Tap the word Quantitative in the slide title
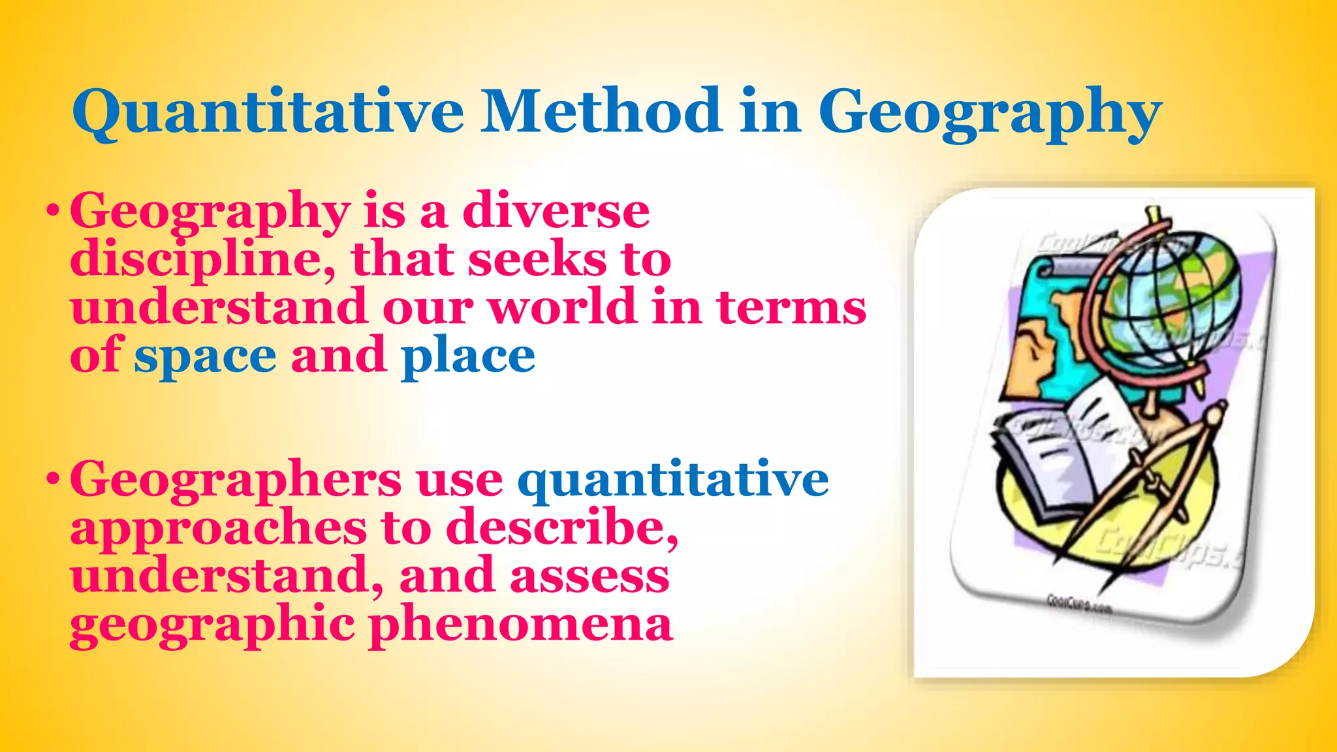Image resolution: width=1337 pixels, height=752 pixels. tap(268, 112)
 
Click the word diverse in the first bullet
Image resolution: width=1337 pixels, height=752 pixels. tap(556, 210)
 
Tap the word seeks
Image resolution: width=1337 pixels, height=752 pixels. tap(537, 259)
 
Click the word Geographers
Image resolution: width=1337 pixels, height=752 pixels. tap(236, 480)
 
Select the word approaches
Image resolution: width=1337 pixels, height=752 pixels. tap(219, 529)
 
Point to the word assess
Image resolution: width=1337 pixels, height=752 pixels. tap(590, 576)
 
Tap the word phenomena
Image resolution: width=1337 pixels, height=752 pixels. tap(521, 625)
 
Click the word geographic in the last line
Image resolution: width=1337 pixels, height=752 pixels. tap(212, 625)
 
